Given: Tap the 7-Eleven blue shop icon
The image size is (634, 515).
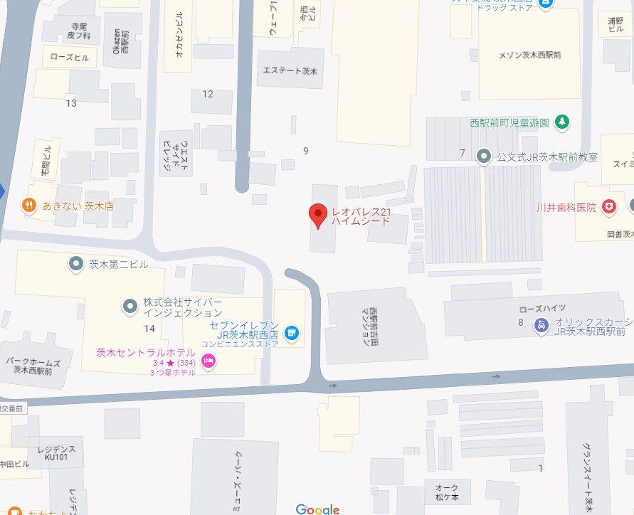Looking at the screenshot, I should click(291, 333).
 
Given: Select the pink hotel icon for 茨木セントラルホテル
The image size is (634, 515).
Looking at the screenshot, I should click(208, 361).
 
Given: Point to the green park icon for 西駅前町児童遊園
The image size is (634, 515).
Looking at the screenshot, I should click(562, 122).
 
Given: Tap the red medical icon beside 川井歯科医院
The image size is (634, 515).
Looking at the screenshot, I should click(609, 207).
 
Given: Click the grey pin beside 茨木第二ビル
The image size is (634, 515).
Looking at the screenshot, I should click(76, 265).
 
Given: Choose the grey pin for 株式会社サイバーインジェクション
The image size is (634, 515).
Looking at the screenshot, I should click(130, 307).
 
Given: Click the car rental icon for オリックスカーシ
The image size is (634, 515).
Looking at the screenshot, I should click(541, 325).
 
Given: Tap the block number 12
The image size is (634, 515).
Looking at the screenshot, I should click(208, 94).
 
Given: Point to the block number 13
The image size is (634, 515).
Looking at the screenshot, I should click(71, 103).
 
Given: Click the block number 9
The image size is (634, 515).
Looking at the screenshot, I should click(306, 150).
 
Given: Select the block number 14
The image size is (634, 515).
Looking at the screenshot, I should click(149, 328).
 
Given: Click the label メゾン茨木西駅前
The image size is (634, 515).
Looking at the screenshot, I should click(529, 55).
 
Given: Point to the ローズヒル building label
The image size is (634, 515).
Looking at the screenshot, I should click(70, 58).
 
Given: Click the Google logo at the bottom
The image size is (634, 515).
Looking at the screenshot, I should click(317, 509).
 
